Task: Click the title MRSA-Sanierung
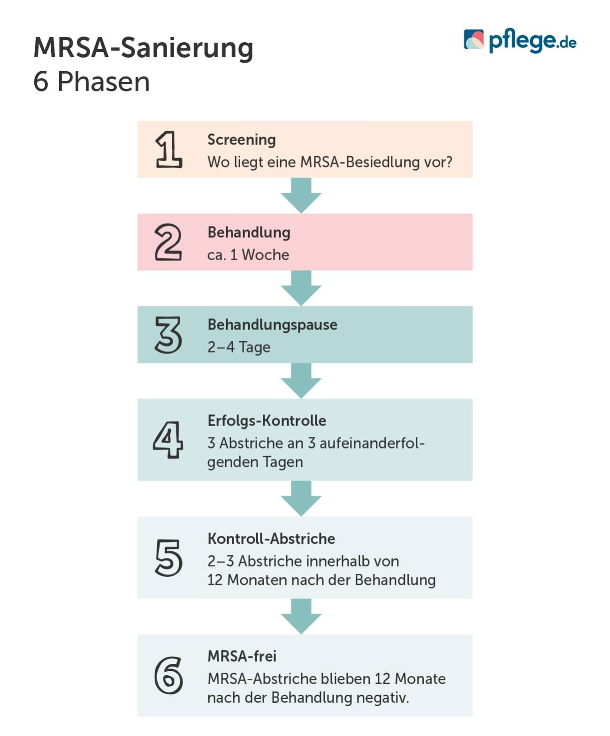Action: coord(143,48)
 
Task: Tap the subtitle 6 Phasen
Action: coord(91,82)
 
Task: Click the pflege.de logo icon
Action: coord(473,40)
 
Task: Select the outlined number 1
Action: coord(168,149)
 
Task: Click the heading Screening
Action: coord(241,139)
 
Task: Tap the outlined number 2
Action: coord(168,242)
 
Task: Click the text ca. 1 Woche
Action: coord(248,255)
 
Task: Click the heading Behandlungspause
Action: coord(272,324)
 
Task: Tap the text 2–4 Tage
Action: coord(238,347)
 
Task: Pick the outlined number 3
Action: coord(168,335)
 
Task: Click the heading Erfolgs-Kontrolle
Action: coord(267,421)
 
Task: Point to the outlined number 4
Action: coord(168,440)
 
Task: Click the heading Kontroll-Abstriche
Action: coord(271,538)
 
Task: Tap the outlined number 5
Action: coord(168,557)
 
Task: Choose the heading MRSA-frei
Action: coord(242,656)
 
